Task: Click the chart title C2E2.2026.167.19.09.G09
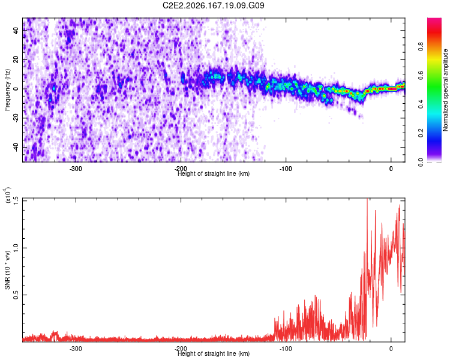click(x=213, y=5)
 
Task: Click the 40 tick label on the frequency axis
click(x=16, y=30)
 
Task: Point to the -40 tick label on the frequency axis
click(x=16, y=146)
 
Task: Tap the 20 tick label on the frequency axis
click(x=16, y=59)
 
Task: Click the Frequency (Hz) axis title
click(x=7, y=89)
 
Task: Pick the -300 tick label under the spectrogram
click(x=76, y=169)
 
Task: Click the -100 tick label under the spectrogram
click(x=286, y=169)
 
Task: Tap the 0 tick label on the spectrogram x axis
click(x=391, y=169)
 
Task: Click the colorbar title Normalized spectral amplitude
click(x=445, y=89)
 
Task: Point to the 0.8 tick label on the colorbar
click(x=421, y=47)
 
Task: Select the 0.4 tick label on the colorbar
click(x=421, y=104)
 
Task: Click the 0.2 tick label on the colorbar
click(x=421, y=133)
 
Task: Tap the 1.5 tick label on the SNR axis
click(x=16, y=201)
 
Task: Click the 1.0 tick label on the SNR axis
click(x=16, y=248)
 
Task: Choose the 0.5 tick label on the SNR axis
click(x=16, y=295)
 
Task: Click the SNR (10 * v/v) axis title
click(x=7, y=270)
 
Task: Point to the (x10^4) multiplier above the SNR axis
click(x=7, y=195)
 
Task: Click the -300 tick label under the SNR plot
click(x=76, y=349)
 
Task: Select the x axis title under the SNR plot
click(x=214, y=353)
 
